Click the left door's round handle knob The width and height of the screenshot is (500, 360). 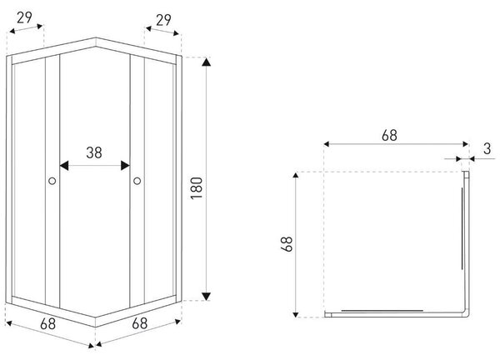pos(52,181)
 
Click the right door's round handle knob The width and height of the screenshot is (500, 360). pos(137,181)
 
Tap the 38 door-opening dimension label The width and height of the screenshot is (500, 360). pos(94,152)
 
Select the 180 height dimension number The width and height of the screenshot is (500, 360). pos(197,188)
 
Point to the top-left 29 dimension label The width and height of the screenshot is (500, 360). pos(24,17)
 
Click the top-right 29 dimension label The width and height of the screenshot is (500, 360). pos(163,20)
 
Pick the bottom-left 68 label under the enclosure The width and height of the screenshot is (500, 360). pos(47,324)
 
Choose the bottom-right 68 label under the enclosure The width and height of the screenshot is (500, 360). pos(140,323)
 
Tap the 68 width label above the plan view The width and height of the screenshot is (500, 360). pos(389,136)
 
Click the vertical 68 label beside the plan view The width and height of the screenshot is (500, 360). pos(287,244)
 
